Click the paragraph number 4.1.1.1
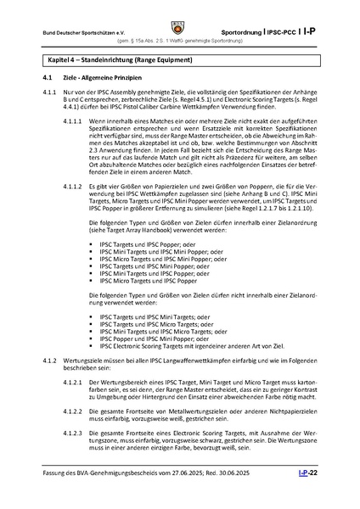tap(76, 122)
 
